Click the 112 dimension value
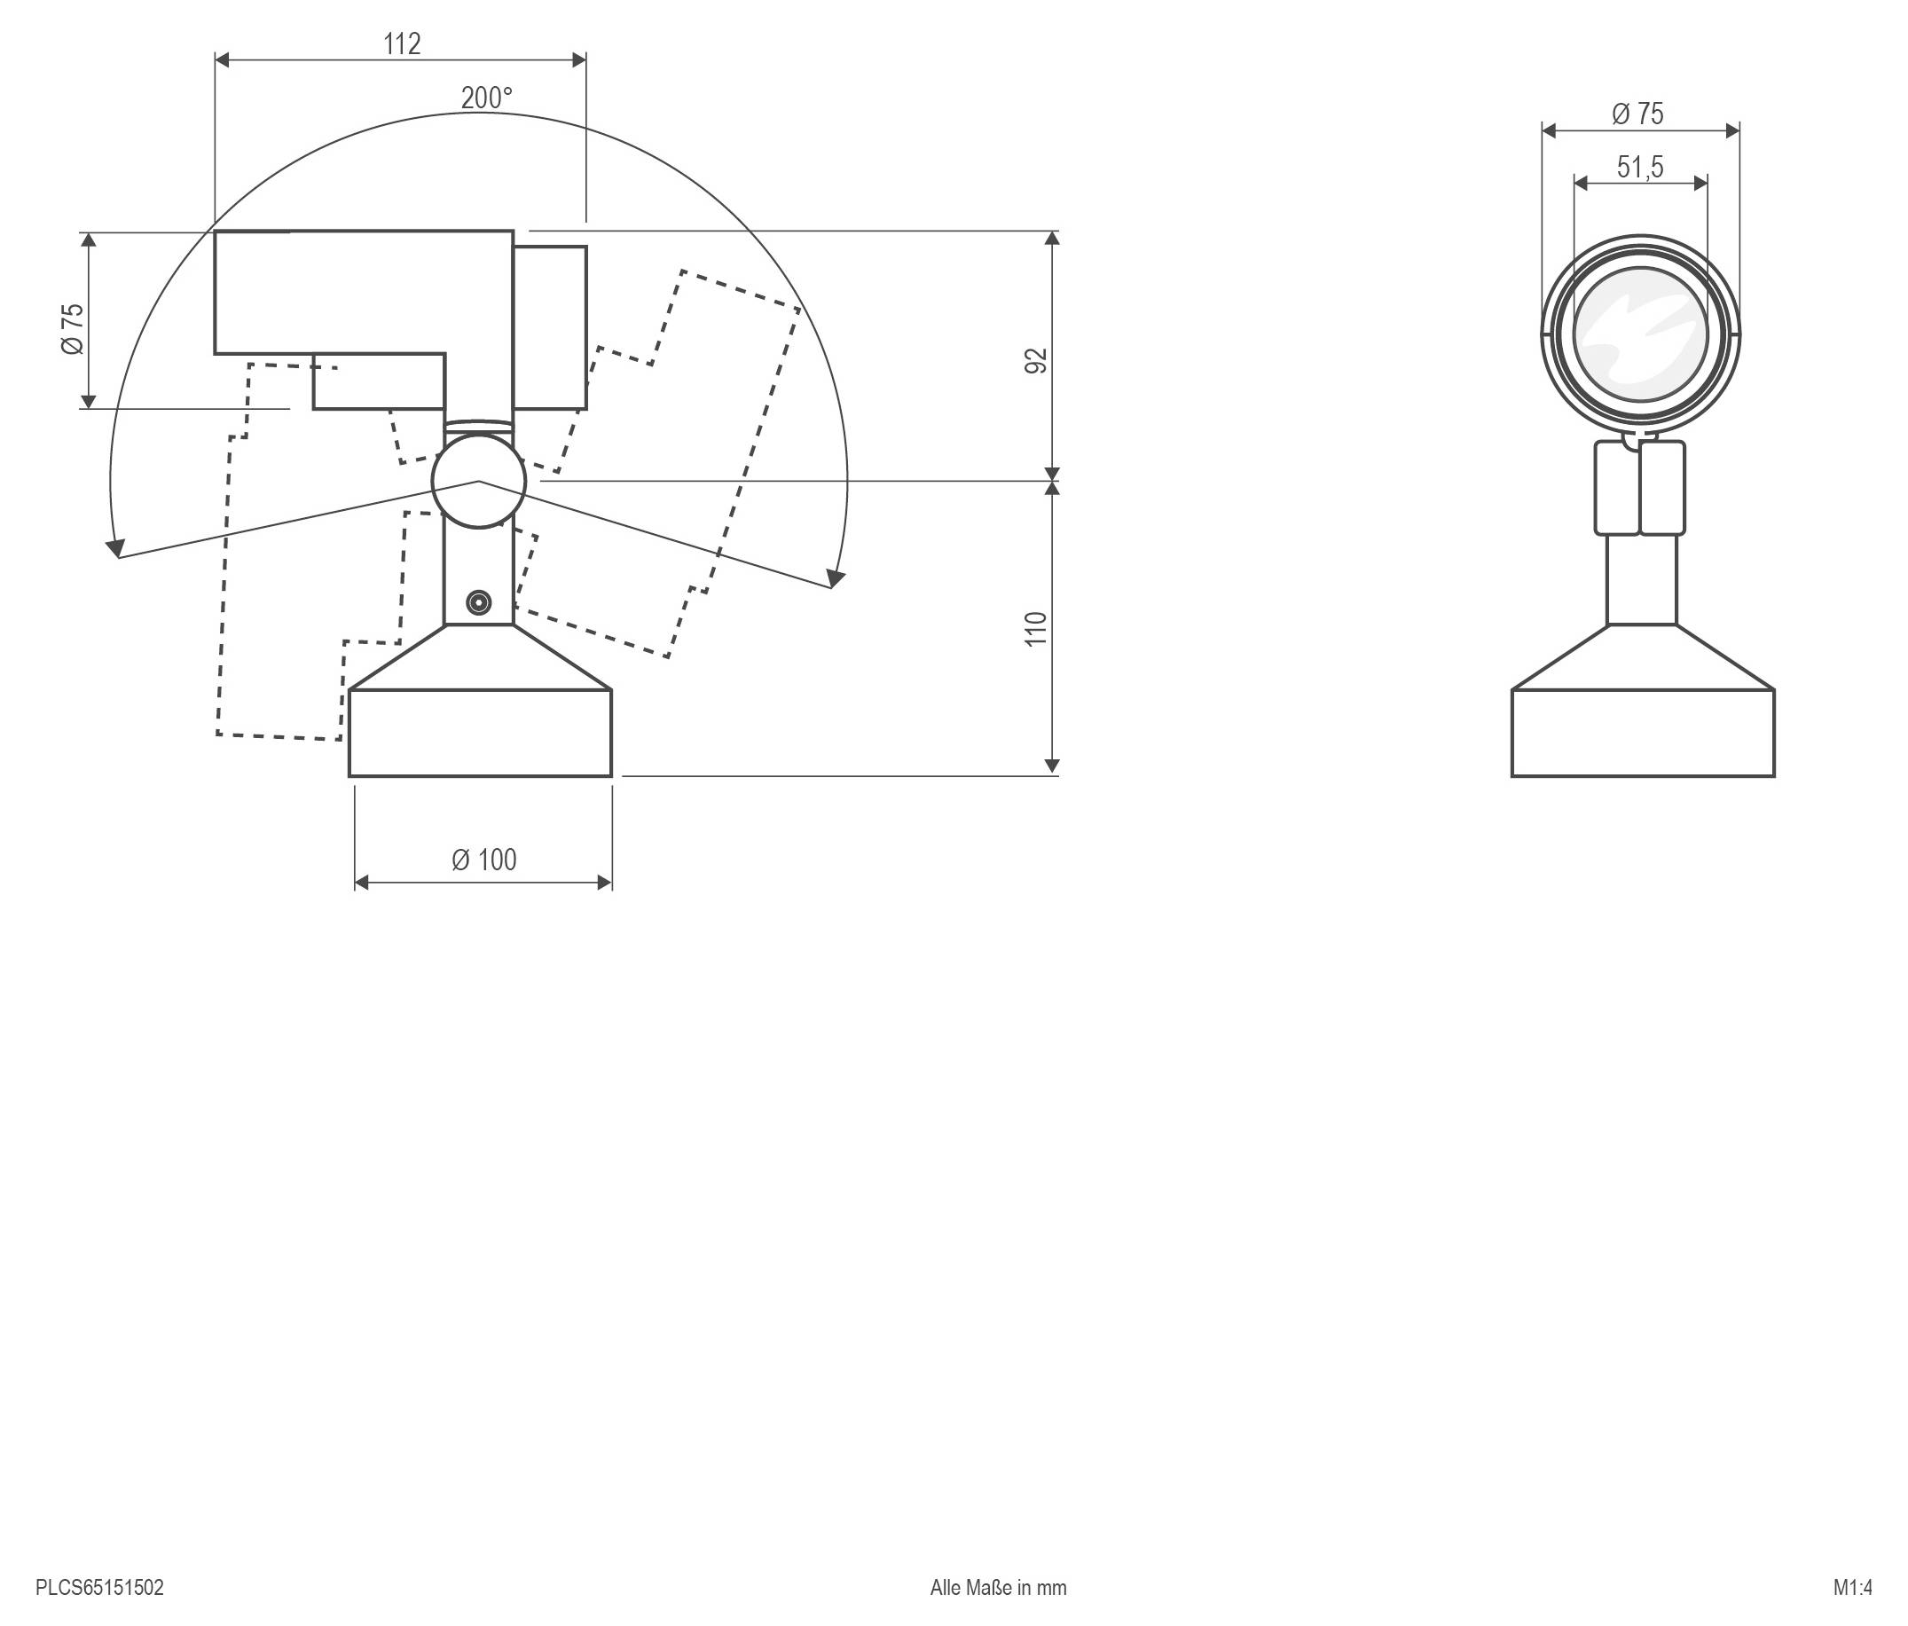[403, 43]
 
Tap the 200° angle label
[486, 98]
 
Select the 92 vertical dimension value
[1037, 361]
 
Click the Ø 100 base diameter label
[484, 859]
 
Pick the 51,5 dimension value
[1640, 168]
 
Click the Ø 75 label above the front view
[1637, 114]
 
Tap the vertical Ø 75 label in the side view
[73, 329]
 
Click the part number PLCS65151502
[99, 1587]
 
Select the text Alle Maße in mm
[998, 1587]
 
